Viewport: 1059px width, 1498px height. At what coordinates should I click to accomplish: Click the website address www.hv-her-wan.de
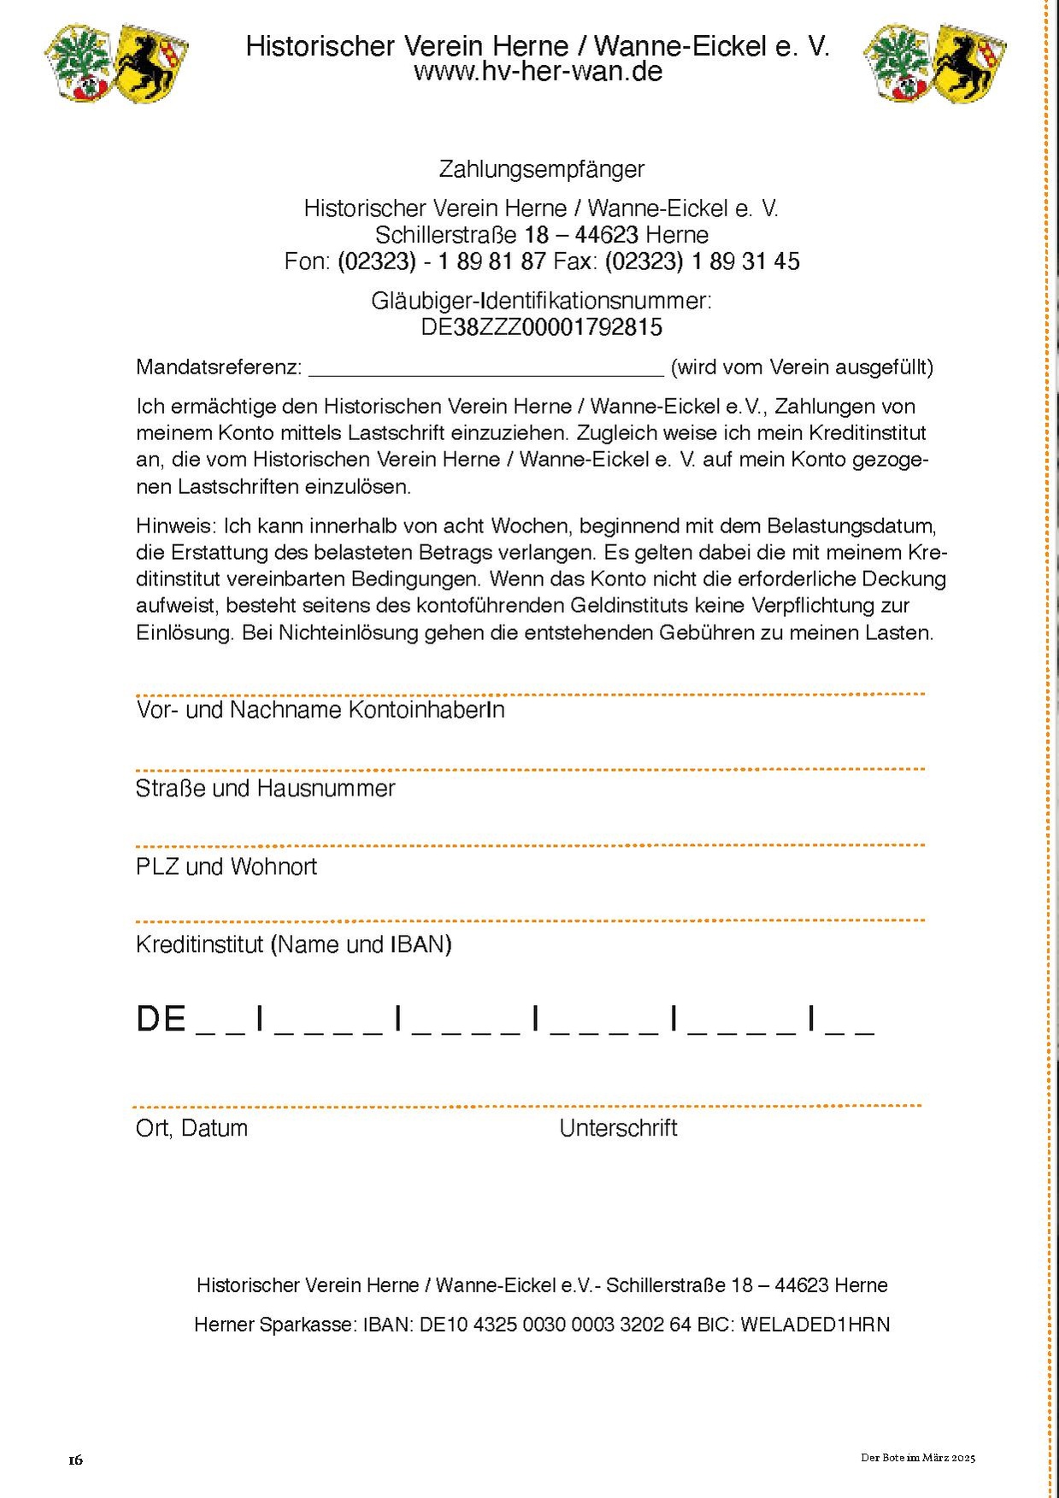[538, 72]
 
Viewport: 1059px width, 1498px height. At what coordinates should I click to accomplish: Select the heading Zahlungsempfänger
[541, 169]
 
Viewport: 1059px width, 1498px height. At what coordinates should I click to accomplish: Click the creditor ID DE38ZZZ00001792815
[541, 327]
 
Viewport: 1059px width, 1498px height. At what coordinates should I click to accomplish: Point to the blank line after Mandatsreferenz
[485, 370]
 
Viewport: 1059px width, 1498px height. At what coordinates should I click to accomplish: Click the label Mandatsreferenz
[219, 367]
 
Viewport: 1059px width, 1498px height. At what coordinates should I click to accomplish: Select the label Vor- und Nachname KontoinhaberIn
[320, 710]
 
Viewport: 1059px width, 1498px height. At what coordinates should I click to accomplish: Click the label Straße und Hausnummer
[265, 788]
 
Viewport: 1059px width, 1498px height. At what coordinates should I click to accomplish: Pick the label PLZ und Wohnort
[226, 866]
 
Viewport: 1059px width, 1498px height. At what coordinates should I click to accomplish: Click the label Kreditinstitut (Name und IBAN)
[293, 944]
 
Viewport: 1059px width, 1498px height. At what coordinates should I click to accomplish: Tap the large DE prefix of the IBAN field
[161, 1019]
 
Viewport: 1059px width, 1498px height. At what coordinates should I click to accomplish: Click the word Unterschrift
[618, 1128]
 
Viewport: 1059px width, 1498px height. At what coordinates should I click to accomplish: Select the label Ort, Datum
[191, 1128]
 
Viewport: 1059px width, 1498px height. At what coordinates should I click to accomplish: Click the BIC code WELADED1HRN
[815, 1325]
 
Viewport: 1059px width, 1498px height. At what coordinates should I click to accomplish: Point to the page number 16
[76, 1460]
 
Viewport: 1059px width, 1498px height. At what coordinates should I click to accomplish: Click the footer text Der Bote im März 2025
[917, 1458]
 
